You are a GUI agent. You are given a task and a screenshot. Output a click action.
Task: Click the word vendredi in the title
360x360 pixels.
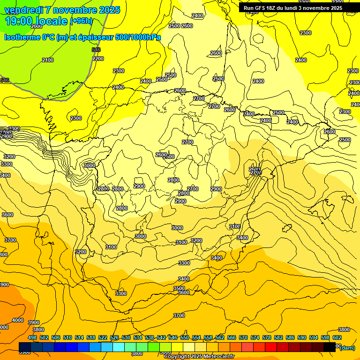[x=23, y=10]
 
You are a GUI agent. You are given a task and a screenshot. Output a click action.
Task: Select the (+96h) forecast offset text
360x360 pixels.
[x=81, y=21]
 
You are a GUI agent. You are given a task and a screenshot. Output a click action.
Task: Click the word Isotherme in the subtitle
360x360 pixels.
[x=22, y=37]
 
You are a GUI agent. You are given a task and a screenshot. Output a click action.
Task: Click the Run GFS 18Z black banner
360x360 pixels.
[x=293, y=8]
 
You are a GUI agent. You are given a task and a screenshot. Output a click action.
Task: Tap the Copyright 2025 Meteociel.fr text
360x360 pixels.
[x=199, y=357]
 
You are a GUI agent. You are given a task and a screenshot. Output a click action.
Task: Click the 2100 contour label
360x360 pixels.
[x=48, y=60]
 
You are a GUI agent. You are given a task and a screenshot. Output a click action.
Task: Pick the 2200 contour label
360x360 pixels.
[x=98, y=59]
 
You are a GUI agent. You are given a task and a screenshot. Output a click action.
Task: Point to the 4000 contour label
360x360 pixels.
[x=18, y=320]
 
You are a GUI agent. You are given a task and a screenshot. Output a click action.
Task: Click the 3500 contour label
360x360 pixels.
[x=179, y=288]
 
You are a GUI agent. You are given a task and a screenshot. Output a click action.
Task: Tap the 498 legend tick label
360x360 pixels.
[x=32, y=337]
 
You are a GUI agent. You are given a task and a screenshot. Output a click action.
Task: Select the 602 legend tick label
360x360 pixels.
[x=337, y=337]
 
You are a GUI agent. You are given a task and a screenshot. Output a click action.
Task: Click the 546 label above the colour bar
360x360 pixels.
[x=173, y=337]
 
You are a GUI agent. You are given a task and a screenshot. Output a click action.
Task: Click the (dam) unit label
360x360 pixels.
[x=347, y=348]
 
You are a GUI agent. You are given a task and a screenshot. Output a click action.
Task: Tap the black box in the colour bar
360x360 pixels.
[x=330, y=347]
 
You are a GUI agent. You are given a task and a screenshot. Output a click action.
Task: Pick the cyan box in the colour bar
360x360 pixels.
[x=119, y=347]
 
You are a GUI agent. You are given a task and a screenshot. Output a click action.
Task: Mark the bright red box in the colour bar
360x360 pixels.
[x=271, y=347]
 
